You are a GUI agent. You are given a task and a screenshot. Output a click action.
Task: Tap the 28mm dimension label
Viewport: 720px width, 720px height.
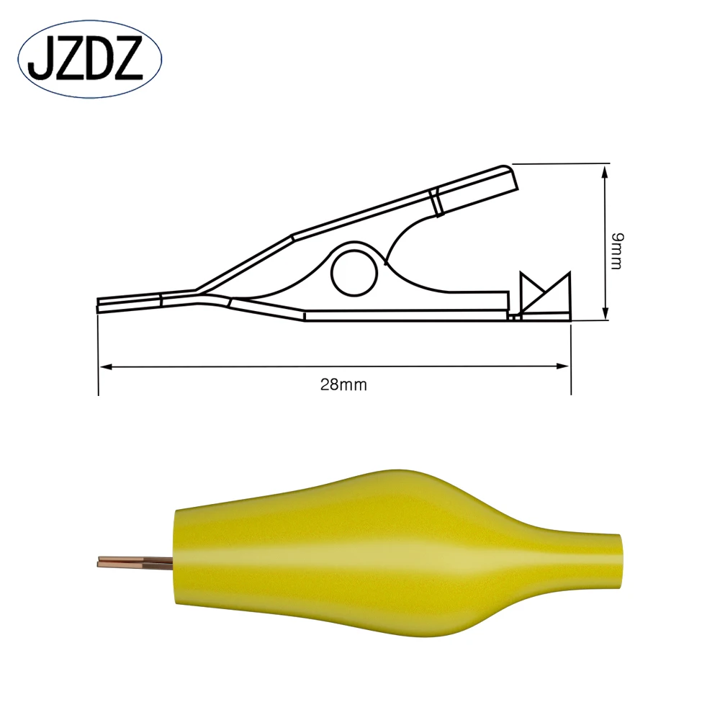point(343,384)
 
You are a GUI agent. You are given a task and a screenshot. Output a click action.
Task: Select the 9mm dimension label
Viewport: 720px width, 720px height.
point(616,251)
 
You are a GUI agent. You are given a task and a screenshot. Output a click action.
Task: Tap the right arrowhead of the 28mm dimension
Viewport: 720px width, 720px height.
point(563,367)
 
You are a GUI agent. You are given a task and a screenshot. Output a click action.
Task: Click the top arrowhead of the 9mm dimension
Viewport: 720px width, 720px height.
point(605,170)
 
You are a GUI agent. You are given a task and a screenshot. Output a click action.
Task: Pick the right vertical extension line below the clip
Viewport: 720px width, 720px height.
point(570,360)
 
